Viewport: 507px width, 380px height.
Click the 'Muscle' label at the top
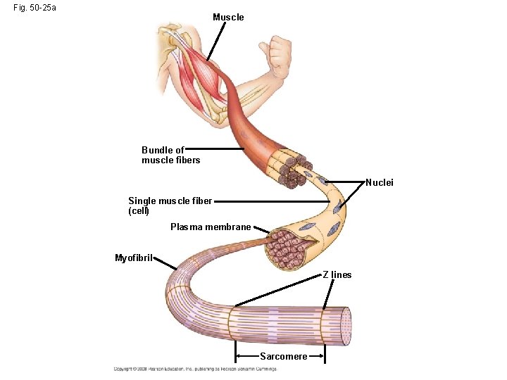pyautogui.click(x=228, y=17)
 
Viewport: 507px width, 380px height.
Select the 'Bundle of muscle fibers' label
pyautogui.click(x=170, y=155)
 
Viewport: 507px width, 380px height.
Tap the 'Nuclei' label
pyautogui.click(x=380, y=183)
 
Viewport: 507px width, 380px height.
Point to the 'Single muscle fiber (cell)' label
pyautogui.click(x=170, y=205)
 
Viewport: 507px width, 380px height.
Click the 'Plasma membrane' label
pyautogui.click(x=211, y=227)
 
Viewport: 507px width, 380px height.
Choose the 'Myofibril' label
pyautogui.click(x=134, y=258)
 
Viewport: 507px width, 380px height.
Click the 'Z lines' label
pyautogui.click(x=337, y=274)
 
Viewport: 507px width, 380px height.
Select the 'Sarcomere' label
pyautogui.click(x=283, y=356)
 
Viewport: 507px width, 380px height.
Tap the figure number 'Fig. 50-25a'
pyautogui.click(x=35, y=8)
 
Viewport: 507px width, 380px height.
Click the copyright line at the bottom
pyautogui.click(x=196, y=369)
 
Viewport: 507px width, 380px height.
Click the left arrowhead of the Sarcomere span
pyautogui.click(x=239, y=357)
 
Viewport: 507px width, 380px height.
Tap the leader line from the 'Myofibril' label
pyautogui.click(x=166, y=263)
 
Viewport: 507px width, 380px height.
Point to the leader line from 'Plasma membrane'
pyautogui.click(x=261, y=230)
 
